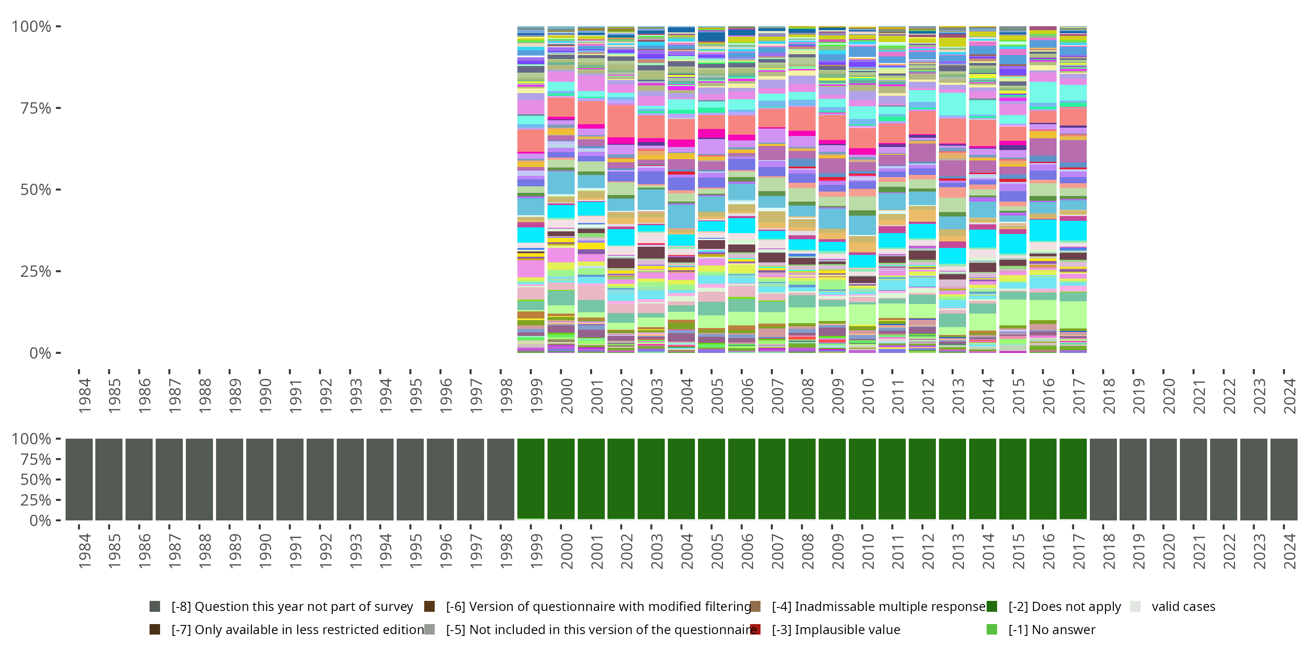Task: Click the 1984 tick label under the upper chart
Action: click(84, 395)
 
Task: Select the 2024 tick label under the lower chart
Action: click(1290, 551)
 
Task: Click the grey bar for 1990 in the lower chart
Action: click(260, 479)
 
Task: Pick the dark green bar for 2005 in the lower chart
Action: click(712, 479)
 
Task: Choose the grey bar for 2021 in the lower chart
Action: click(1193, 479)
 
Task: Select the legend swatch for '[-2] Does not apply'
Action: click(991, 607)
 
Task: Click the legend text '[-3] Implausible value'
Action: click(836, 629)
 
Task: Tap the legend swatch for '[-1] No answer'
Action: click(991, 629)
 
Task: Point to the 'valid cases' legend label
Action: click(1183, 607)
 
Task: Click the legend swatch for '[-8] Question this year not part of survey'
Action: click(155, 607)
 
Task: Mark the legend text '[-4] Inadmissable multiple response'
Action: click(879, 607)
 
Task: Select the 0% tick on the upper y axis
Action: click(40, 353)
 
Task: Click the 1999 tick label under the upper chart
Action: click(536, 395)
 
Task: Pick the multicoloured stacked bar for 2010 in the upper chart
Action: click(862, 189)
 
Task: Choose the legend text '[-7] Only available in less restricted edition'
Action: click(297, 629)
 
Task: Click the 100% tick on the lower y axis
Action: click(31, 439)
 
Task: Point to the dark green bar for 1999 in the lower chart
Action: click(531, 479)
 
